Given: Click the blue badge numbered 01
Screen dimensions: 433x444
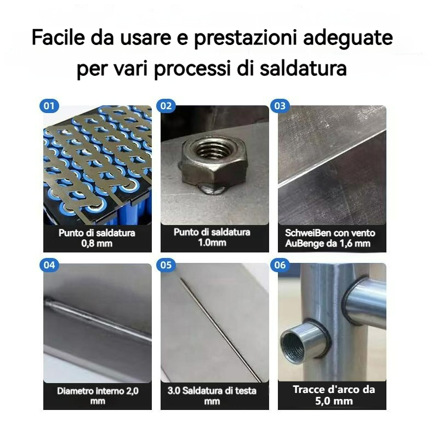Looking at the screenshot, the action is tap(49, 106).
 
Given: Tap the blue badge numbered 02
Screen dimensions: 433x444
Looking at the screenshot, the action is tap(166, 106).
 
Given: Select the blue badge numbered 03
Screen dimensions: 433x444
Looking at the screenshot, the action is tap(280, 106).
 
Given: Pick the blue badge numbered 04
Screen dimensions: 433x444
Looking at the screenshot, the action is tap(49, 265).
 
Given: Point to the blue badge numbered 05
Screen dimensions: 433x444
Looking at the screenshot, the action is tap(166, 265).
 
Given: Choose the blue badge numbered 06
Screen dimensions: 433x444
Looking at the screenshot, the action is tap(280, 265).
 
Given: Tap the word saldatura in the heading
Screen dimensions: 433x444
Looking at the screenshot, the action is tap(303, 68).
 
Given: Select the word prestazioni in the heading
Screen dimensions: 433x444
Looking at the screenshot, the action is tap(245, 38).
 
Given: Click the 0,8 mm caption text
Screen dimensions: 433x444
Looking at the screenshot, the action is tap(96, 243).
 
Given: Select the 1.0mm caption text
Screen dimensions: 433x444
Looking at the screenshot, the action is tap(212, 243).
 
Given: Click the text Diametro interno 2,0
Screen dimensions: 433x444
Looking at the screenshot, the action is tap(98, 391).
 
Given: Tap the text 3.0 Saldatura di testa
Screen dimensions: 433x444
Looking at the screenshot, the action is tap(212, 391).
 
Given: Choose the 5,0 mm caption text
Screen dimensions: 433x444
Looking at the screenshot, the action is tap(334, 401).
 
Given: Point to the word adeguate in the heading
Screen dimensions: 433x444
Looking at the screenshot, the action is tap(348, 38).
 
